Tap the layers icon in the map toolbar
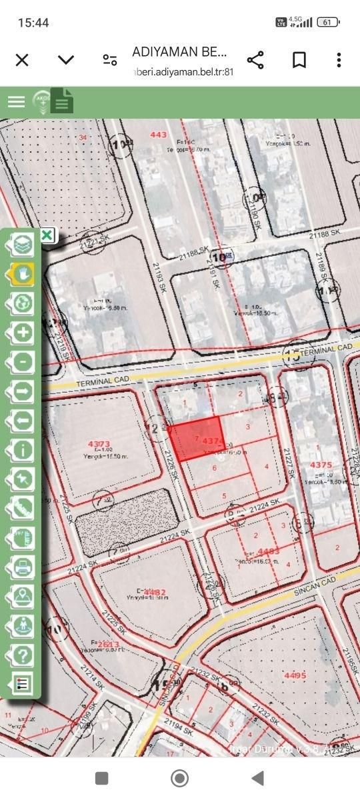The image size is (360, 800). pos(24,245)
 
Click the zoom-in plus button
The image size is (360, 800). pos(23,332)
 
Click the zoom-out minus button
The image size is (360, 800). pos(23,362)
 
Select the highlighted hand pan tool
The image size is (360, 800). pos(24,273)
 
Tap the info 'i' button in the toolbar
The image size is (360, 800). pos(23,449)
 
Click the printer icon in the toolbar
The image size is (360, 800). pos(23,567)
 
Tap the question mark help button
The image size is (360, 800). pos(23,655)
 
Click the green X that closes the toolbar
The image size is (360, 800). pos(47,235)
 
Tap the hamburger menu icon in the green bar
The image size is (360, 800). pos(16,101)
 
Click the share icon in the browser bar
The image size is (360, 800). pos(255,60)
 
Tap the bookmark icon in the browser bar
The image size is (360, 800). pos(299,60)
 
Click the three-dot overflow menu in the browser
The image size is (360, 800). pos(339,60)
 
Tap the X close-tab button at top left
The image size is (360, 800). pos(22,60)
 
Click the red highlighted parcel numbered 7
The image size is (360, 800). pos(195,439)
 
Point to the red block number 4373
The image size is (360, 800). pos(99,443)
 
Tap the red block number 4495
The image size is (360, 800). pos(294,675)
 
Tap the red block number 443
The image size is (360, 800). pos(159,135)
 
